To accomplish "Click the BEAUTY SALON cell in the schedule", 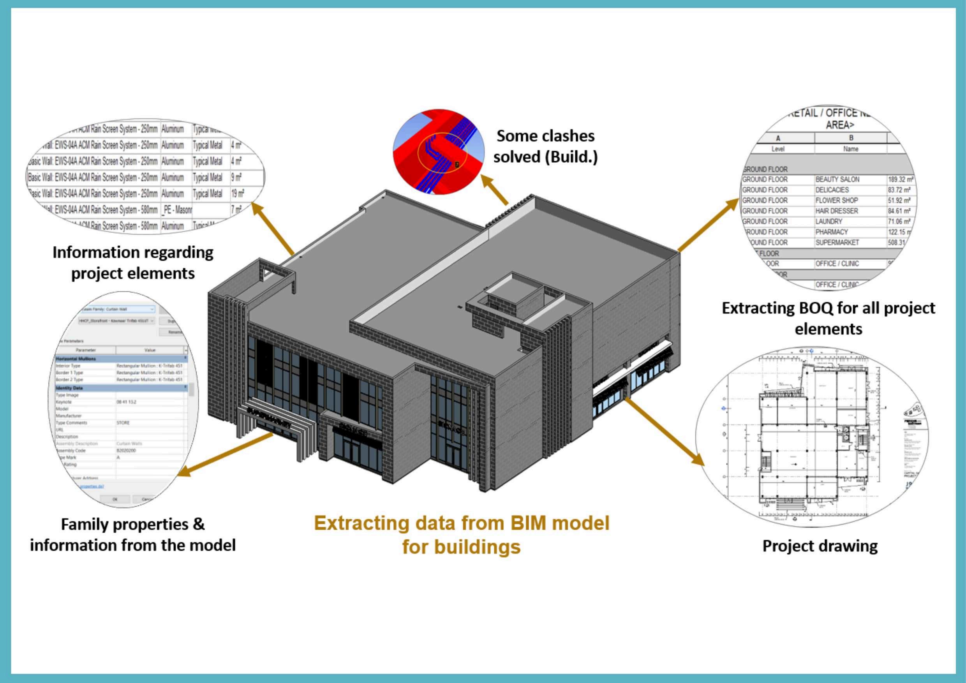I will point(837,180).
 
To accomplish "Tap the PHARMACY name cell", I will point(831,232).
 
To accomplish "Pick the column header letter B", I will point(851,138).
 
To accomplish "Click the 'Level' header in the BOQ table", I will point(777,149).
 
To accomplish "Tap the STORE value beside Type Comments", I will point(123,422).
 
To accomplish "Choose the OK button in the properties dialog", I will point(115,499).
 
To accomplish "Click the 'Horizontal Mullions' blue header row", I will point(76,359).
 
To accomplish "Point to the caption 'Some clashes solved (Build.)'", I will point(545,146).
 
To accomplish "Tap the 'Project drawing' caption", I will point(820,546).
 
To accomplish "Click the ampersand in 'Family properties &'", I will point(198,525).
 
